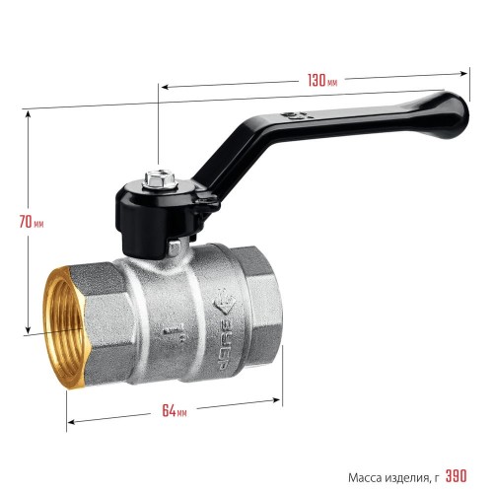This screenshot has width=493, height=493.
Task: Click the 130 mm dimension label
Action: tap(322, 80)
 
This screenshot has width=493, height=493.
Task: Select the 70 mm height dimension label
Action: tap(32, 221)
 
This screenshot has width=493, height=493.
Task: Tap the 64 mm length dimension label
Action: tap(175, 410)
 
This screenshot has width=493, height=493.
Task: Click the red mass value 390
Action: tap(456, 476)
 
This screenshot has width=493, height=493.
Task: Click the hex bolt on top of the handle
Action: tap(160, 179)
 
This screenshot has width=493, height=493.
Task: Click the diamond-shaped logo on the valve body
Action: tap(225, 302)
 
